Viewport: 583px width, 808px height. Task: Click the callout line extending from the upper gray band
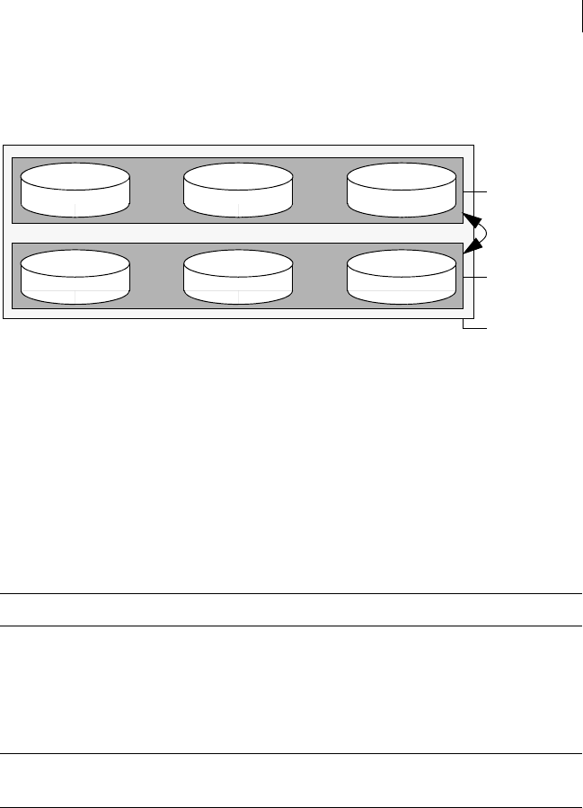[x=475, y=191]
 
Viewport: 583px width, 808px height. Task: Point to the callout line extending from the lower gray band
[x=475, y=279]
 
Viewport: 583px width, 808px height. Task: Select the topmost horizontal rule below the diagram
[x=291, y=593]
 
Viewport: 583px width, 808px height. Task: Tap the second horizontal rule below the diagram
[x=291, y=626]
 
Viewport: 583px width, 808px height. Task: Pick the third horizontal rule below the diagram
[x=291, y=753]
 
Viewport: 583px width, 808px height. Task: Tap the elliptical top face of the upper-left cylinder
[x=75, y=176]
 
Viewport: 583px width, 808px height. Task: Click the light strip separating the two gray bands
[x=238, y=233]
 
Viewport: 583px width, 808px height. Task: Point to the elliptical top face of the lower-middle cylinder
[x=238, y=263]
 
